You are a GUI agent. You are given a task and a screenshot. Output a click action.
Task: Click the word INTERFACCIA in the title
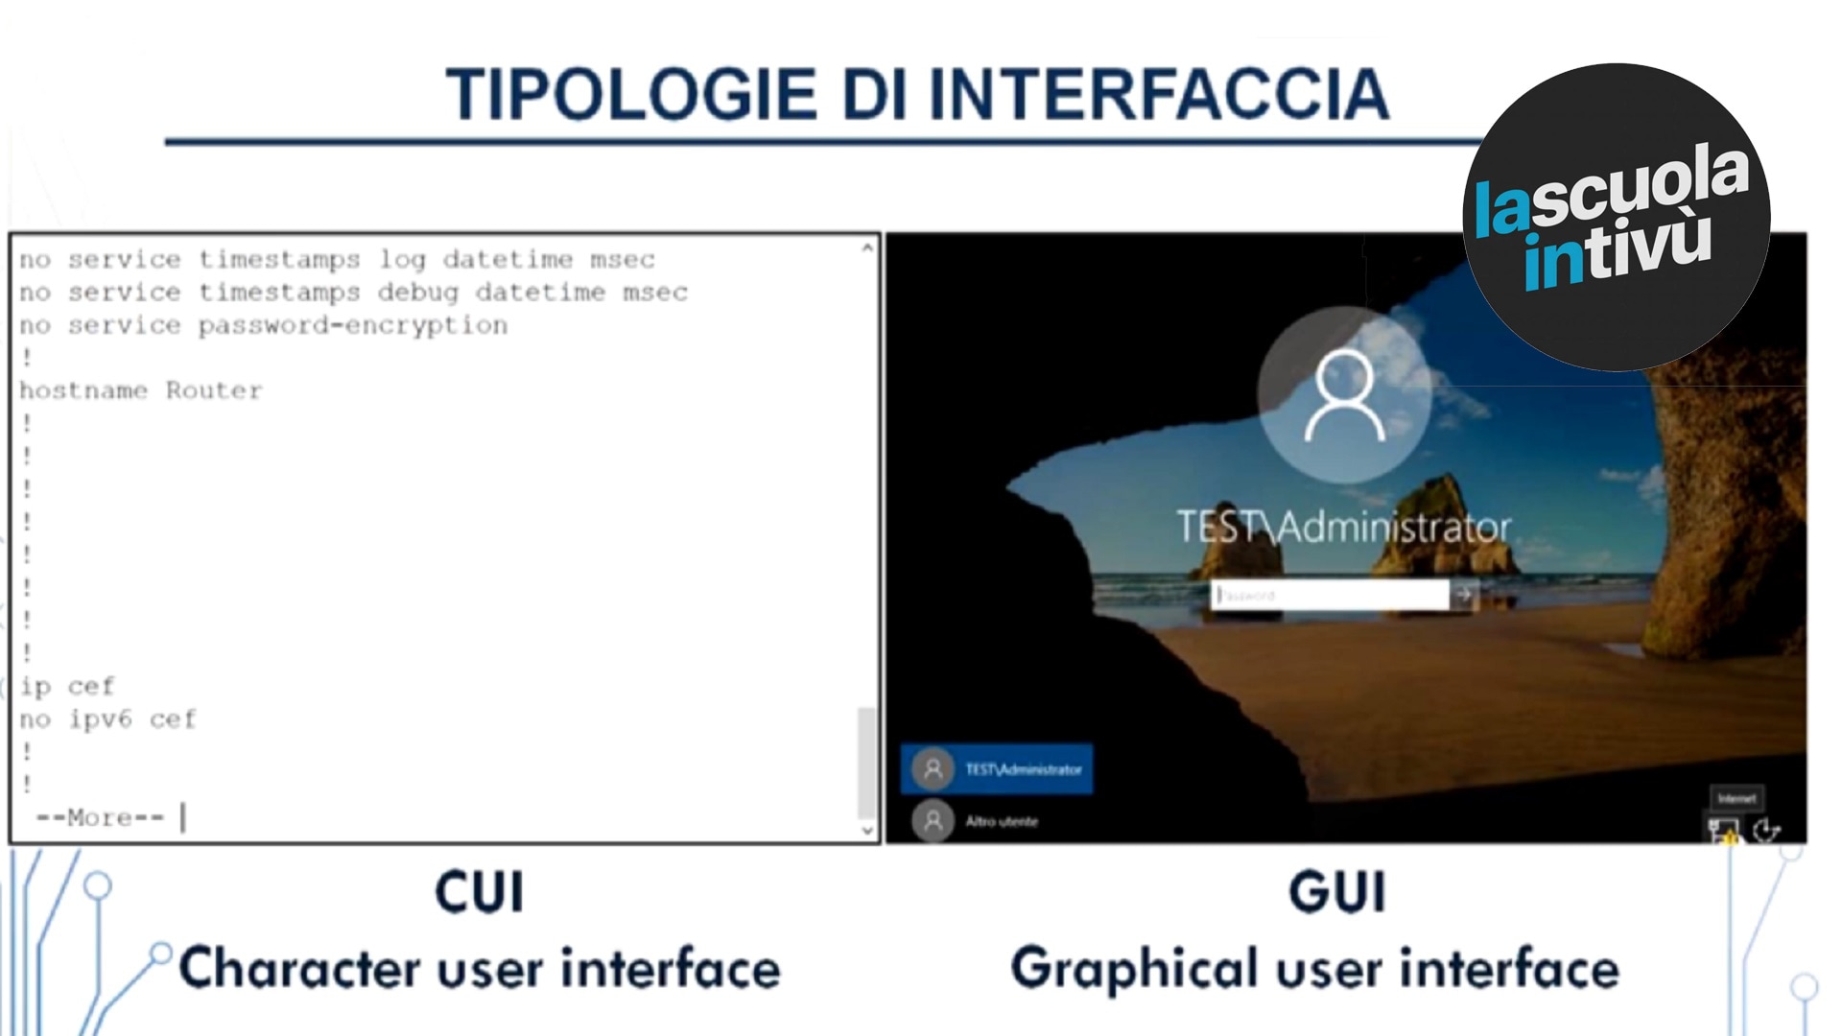tap(1159, 94)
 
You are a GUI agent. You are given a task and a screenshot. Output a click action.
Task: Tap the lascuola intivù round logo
tap(1616, 217)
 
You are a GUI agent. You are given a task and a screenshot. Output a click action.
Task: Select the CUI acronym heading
tap(480, 892)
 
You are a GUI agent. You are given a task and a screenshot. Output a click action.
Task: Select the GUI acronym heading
tap(1337, 892)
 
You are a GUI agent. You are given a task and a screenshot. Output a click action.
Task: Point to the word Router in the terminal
tap(213, 390)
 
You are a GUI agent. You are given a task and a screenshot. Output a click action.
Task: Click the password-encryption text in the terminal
tap(352, 325)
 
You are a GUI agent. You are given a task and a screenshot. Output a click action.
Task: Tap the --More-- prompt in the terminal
tap(100, 817)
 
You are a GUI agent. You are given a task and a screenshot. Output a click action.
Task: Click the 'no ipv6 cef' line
tap(107, 718)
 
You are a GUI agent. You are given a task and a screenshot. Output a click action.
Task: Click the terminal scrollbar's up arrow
tap(867, 247)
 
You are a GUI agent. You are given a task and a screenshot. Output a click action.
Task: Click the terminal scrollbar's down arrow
tap(867, 831)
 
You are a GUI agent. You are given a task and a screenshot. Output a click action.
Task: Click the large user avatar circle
tap(1344, 394)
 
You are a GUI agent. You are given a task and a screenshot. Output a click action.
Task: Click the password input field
tap(1330, 595)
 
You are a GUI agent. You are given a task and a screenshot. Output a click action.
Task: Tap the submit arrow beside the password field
tap(1464, 595)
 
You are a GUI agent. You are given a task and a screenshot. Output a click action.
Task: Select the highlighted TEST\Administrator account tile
tap(997, 768)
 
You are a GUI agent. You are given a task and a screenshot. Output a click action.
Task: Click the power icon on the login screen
tap(1766, 830)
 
